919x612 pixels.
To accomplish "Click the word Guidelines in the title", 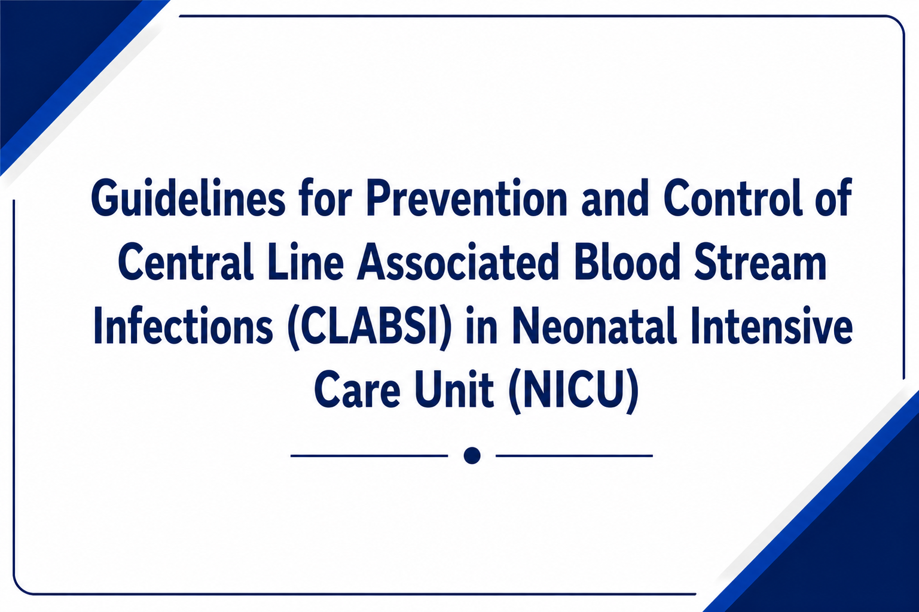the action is click(x=188, y=199).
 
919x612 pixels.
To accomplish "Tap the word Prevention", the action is click(x=467, y=198).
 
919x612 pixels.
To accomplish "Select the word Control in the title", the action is click(x=733, y=198).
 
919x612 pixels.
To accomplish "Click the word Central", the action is click(x=185, y=262).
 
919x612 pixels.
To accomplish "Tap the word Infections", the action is click(x=183, y=325).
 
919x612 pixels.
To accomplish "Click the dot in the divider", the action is click(x=472, y=456).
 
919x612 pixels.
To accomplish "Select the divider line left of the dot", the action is click(x=370, y=456).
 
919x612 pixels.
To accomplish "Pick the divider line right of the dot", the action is click(x=575, y=456).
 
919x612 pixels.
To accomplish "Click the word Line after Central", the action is click(x=306, y=262).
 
